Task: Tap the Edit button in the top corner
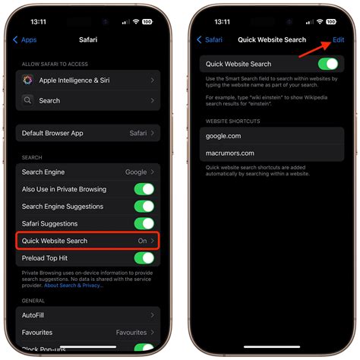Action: (x=338, y=39)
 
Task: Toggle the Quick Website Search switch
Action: (x=327, y=64)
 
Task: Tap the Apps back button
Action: (x=25, y=39)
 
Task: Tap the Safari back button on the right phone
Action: (x=210, y=39)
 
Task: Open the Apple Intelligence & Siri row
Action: (x=87, y=80)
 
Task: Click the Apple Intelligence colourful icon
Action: (x=28, y=80)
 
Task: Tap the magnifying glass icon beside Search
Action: (x=28, y=99)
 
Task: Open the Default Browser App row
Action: (x=87, y=133)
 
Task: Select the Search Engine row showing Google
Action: (x=87, y=172)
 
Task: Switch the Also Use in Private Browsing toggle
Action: (x=144, y=189)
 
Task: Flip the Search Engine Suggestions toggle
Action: (x=144, y=207)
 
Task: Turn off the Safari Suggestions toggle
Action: (x=144, y=223)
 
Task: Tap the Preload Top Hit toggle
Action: (x=144, y=257)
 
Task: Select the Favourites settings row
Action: (x=87, y=332)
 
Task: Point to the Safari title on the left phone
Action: (x=88, y=39)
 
